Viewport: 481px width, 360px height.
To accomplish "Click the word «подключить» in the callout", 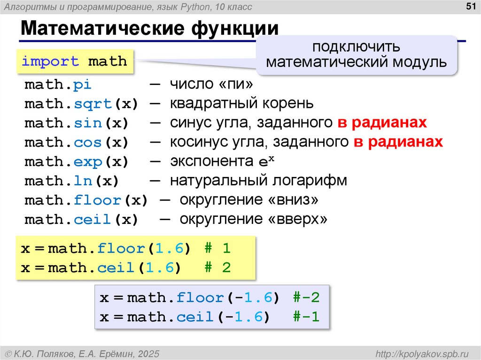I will coord(357,47).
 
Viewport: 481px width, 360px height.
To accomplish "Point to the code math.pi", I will coord(58,85).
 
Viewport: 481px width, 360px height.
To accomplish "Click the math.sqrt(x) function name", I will coord(81,104).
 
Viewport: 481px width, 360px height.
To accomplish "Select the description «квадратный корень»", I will coord(241,104).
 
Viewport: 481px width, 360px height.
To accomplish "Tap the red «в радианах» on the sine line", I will coord(382,123).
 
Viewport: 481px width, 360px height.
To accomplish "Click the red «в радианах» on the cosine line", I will coord(398,142).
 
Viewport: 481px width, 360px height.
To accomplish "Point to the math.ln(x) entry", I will coord(71,181).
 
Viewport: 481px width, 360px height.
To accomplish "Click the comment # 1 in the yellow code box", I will coord(217,249).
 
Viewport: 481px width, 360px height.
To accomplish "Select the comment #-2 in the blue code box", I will coord(306,298).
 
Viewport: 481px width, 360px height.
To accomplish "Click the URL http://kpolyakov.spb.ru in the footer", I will coord(422,353).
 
